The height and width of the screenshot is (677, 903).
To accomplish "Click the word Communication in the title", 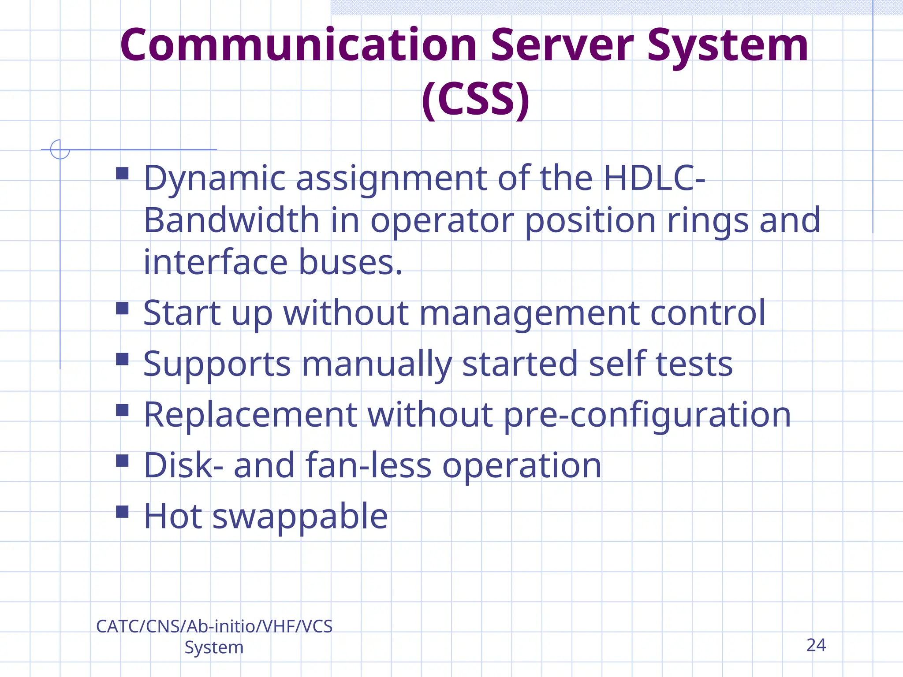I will tap(298, 45).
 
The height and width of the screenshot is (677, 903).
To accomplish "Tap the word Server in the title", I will tap(562, 45).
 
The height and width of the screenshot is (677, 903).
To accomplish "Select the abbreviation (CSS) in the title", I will tap(475, 100).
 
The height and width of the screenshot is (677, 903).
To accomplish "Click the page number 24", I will tap(816, 645).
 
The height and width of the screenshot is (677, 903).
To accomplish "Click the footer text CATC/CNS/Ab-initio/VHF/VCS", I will tap(214, 626).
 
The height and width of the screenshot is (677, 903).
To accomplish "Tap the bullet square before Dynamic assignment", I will tap(122, 173).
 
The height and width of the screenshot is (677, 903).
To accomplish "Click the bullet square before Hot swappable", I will tap(122, 512).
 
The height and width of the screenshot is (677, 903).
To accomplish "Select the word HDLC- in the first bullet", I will tap(654, 178).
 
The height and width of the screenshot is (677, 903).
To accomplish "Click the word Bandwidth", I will tap(231, 220).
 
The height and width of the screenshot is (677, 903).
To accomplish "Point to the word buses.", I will tap(351, 263).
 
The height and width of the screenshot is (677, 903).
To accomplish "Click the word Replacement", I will tap(250, 415).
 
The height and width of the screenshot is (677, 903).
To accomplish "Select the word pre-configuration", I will tap(647, 416).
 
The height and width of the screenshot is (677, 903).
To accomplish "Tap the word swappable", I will tap(300, 517).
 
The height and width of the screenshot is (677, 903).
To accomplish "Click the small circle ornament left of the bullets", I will tap(60, 149).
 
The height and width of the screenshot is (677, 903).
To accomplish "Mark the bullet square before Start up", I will tap(122, 308).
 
